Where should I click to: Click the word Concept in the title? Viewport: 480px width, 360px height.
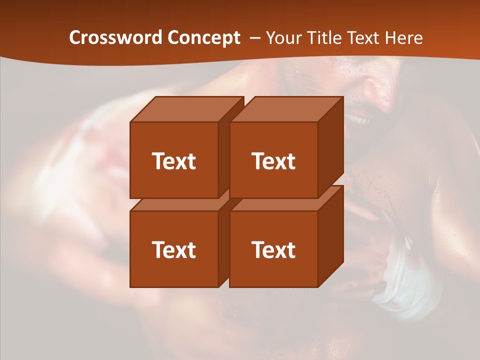(x=203, y=38)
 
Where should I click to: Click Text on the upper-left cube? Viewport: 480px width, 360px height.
(x=173, y=161)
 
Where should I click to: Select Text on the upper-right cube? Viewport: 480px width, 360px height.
(x=273, y=161)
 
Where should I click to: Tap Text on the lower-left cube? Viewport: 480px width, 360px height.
(x=173, y=249)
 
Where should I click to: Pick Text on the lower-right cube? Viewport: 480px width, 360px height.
(x=273, y=249)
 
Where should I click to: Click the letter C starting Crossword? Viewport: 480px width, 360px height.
(x=74, y=38)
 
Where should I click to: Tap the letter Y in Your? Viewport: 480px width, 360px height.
(x=270, y=38)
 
